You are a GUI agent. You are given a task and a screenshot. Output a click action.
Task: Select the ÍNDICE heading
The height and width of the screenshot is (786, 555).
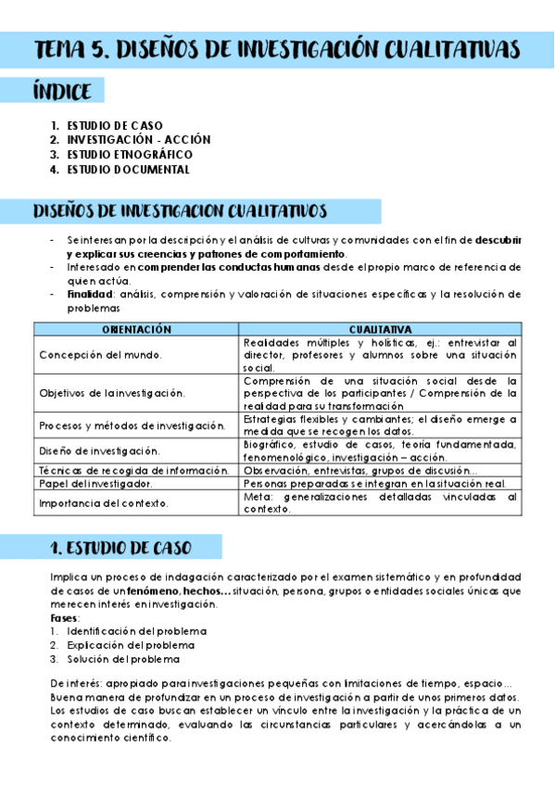pos(62,92)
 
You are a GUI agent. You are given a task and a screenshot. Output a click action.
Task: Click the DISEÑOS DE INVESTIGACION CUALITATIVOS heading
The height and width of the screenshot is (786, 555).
pos(180,211)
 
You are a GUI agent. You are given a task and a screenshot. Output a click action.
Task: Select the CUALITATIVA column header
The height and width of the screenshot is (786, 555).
pos(380,328)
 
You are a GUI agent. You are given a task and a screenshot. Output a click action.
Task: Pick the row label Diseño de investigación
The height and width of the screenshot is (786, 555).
pos(99,450)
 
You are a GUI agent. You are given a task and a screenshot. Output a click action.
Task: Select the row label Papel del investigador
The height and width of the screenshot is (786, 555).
pos(96,484)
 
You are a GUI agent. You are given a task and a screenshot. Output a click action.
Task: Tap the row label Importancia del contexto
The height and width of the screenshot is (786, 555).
pos(104,503)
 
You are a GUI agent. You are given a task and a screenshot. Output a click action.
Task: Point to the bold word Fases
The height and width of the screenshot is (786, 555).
pos(65,617)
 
